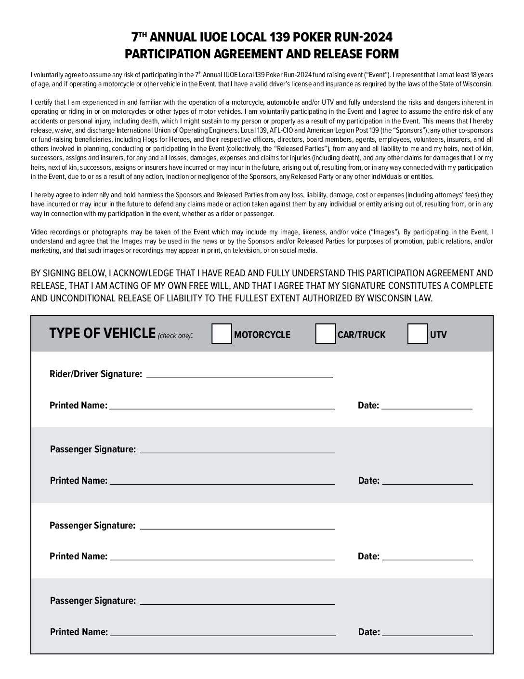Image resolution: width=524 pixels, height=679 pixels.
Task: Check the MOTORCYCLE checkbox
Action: point(222,334)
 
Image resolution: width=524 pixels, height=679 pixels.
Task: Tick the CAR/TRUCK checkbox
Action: point(325,334)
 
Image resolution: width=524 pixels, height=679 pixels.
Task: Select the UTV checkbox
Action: point(417,334)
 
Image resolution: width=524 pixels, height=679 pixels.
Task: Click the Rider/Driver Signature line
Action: point(239,374)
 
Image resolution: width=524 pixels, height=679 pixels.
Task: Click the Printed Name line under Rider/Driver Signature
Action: point(222,405)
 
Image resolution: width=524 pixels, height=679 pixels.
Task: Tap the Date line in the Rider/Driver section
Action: point(427,405)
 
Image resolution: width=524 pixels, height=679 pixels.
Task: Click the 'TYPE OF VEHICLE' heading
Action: point(102,334)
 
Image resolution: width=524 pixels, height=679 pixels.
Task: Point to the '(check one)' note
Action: point(175,336)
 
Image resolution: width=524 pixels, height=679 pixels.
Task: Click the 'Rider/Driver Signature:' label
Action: point(96,374)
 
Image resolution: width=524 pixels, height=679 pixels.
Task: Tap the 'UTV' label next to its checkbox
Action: point(438,335)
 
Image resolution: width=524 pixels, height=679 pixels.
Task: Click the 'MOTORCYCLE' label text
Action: point(262,335)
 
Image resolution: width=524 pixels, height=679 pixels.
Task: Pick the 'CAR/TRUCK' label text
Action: point(362,335)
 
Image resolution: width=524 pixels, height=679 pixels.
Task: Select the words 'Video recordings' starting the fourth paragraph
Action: point(52,232)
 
